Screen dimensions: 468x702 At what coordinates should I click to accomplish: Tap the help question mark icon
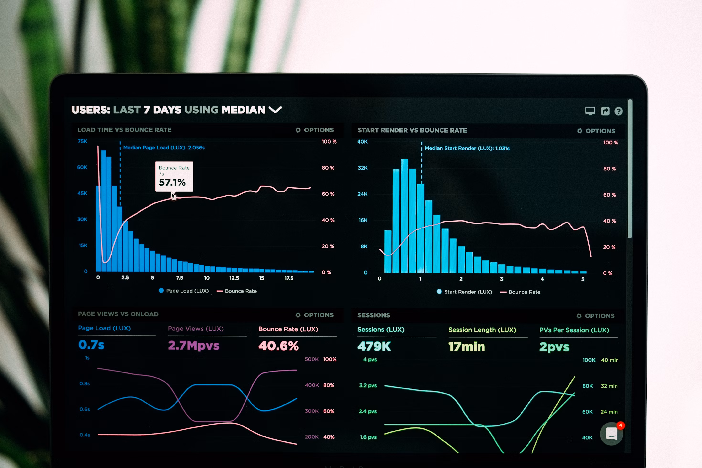(x=618, y=111)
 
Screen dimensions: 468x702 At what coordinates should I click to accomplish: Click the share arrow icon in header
(x=605, y=111)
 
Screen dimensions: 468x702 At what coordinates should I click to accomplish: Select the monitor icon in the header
(x=590, y=111)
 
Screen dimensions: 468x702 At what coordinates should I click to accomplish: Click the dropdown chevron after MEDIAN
(x=275, y=110)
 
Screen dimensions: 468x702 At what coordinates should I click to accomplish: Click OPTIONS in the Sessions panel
(x=596, y=316)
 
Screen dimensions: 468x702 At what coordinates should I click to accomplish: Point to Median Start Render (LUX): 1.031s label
(x=467, y=148)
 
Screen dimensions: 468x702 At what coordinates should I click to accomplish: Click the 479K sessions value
(x=374, y=346)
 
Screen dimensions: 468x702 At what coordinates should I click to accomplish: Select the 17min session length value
(x=467, y=346)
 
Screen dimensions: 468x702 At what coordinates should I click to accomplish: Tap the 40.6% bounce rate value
(x=278, y=346)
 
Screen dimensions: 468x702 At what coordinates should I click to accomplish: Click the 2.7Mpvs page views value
(x=193, y=345)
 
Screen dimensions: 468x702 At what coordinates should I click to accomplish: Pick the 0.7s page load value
(x=91, y=345)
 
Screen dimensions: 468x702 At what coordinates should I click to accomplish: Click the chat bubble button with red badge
(x=611, y=434)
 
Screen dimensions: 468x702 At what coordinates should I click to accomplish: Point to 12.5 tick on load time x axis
(x=234, y=278)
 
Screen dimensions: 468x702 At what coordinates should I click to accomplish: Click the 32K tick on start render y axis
(x=363, y=168)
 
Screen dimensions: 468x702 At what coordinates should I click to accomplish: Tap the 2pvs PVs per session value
(x=554, y=347)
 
